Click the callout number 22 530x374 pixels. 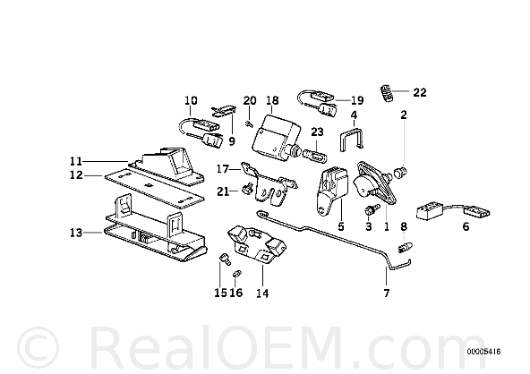[420, 92]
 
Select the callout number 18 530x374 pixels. [272, 100]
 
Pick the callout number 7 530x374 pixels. [387, 293]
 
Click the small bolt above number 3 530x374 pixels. [370, 208]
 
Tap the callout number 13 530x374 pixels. [76, 233]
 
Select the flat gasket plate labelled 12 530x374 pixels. [155, 188]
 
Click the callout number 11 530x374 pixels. [76, 161]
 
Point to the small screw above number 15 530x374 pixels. [225, 259]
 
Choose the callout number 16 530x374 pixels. [236, 293]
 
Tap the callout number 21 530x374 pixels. [223, 191]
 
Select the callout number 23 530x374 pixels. [317, 132]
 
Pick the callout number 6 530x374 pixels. [466, 226]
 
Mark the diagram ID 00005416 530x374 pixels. [484, 352]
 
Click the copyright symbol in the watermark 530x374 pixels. [38, 348]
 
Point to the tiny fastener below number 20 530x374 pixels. [249, 124]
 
